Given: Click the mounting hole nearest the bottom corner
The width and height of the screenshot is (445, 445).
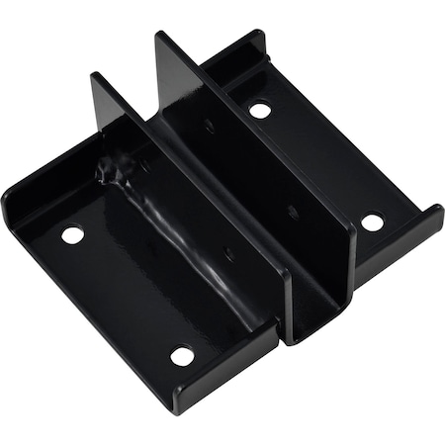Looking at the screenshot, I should [181, 354].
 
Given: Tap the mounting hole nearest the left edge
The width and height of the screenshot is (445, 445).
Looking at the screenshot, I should [72, 235].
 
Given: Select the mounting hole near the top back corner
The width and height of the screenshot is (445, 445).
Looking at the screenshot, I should [260, 110].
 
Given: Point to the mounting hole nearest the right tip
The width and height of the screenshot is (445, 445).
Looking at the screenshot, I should [372, 222].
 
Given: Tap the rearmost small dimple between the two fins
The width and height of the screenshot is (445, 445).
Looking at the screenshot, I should [210, 126].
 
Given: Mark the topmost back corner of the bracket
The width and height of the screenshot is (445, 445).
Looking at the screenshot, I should [259, 33].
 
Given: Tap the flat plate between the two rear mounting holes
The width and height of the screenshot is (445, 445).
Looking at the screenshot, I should [316, 163].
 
